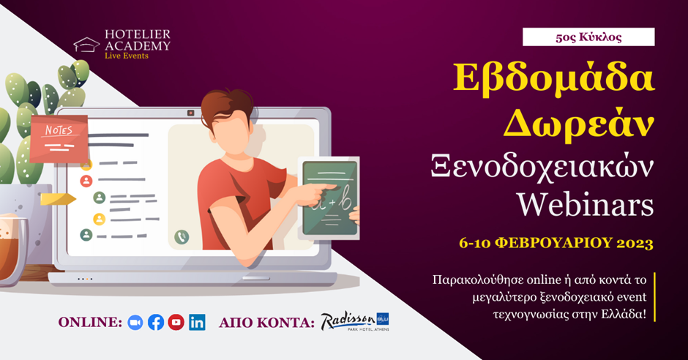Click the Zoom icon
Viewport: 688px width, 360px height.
pos(135,323)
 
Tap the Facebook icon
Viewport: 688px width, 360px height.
pos(156,323)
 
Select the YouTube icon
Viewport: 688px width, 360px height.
pos(176,322)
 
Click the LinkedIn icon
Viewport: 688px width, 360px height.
pos(197,323)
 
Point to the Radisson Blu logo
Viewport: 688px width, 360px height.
pos(354,321)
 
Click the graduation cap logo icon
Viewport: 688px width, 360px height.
pos(86,45)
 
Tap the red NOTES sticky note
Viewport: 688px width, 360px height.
pos(59,138)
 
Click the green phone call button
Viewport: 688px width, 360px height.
pos(182,237)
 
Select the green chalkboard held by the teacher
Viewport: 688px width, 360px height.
pos(330,198)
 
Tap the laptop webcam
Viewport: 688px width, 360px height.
pos(191,113)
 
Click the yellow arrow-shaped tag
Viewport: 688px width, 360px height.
pos(58,199)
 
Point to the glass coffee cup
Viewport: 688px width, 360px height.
pos(12,249)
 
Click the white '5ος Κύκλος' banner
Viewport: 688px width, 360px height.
pos(588,37)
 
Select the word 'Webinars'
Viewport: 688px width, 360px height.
pos(585,204)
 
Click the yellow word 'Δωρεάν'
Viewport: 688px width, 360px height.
pos(578,124)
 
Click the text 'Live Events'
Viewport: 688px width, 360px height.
pos(127,56)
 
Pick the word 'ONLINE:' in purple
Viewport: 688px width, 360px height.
pos(90,323)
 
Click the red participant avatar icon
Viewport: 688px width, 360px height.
pos(86,181)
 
